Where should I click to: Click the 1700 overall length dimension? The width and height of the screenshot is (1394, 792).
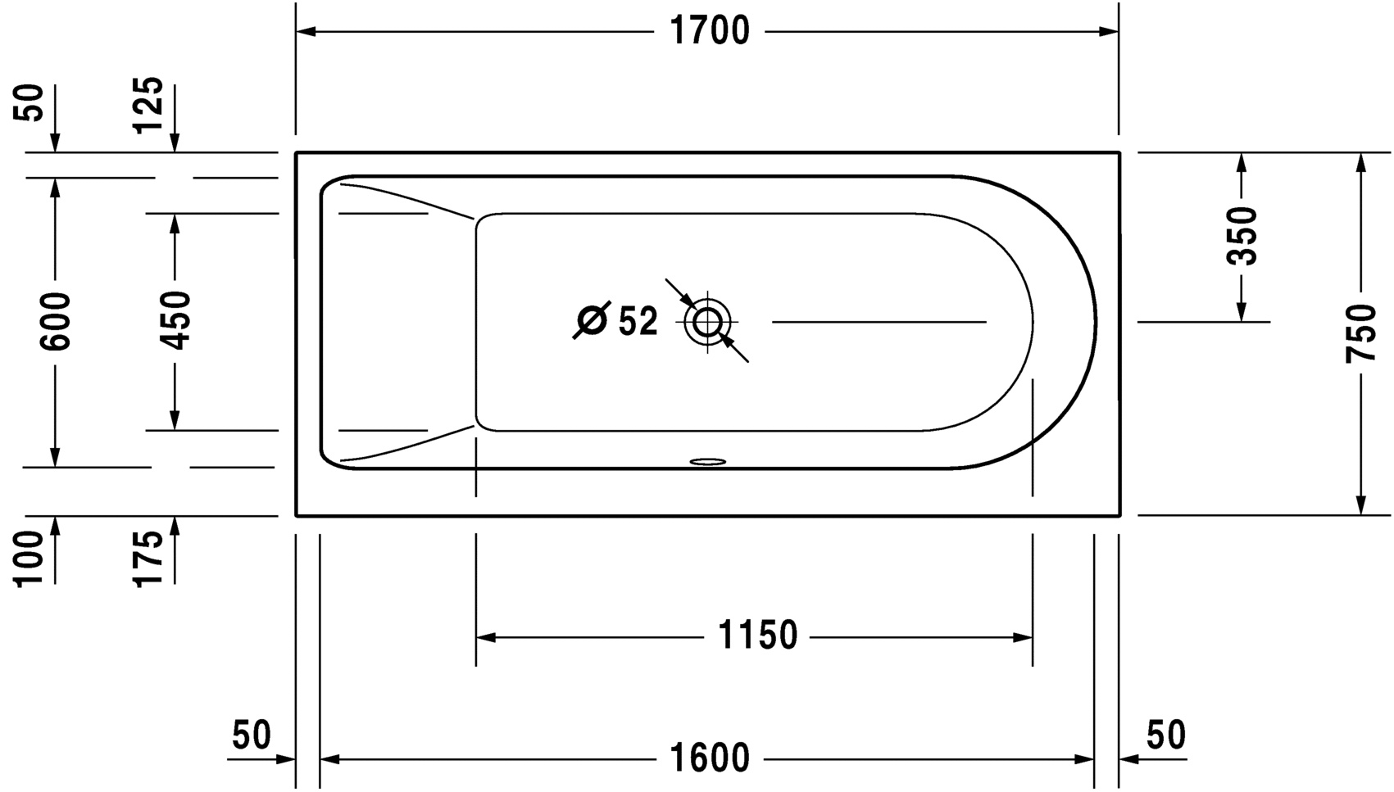pyautogui.click(x=710, y=32)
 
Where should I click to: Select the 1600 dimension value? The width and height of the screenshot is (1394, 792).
pyautogui.click(x=710, y=758)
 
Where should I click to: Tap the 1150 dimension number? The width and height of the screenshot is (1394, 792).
pyautogui.click(x=757, y=636)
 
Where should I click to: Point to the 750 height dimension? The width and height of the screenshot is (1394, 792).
pyautogui.click(x=1361, y=333)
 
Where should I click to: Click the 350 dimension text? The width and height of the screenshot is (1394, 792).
pyautogui.click(x=1242, y=236)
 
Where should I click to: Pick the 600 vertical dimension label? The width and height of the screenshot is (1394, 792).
pyautogui.click(x=56, y=321)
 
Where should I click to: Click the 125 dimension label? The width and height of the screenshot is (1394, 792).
pyautogui.click(x=149, y=105)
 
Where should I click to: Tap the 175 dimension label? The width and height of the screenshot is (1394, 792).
pyautogui.click(x=149, y=559)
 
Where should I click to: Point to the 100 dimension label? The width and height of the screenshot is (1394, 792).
pyautogui.click(x=30, y=559)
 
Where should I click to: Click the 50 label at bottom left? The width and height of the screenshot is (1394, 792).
pyautogui.click(x=251, y=735)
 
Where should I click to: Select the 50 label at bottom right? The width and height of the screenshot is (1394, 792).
pyautogui.click(x=1165, y=735)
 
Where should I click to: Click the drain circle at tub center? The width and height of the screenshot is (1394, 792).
pyautogui.click(x=707, y=322)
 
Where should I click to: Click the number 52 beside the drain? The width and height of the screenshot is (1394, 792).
pyautogui.click(x=638, y=322)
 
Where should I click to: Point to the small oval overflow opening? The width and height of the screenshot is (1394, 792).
pyautogui.click(x=707, y=461)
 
